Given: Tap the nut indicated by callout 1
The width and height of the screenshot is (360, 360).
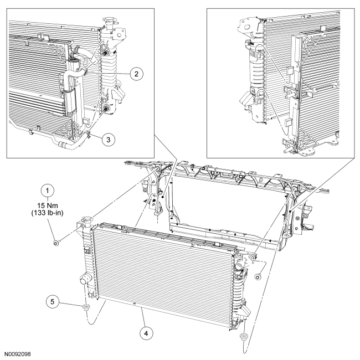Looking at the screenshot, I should click(x=55, y=242).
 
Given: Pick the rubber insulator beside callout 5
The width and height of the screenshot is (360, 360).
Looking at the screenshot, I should click(x=86, y=306).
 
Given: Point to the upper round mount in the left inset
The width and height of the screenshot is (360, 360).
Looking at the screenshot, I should click(x=104, y=53).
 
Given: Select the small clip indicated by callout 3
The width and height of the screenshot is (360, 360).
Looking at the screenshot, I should click(x=88, y=132).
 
